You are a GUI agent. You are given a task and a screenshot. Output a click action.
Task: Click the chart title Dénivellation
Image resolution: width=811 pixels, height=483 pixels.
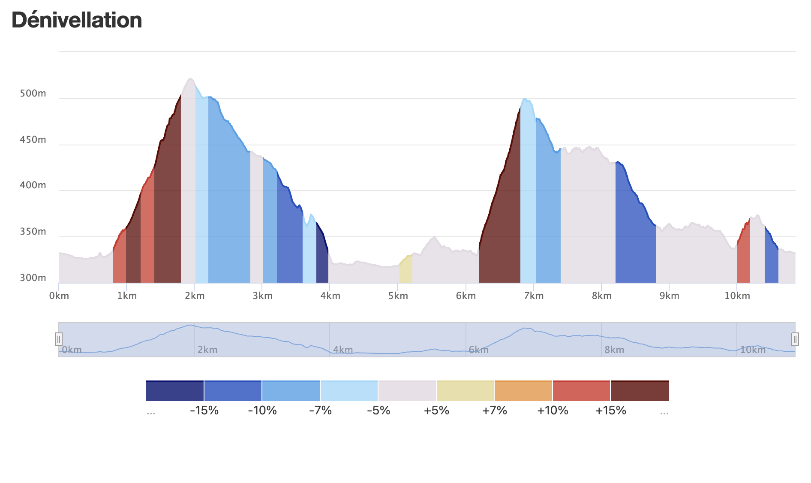coord(77,20)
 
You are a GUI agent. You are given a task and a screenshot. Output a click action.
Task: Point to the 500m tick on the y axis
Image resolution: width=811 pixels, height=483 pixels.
coord(33,94)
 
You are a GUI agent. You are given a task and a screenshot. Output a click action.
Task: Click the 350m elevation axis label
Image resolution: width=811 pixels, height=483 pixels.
coord(33,232)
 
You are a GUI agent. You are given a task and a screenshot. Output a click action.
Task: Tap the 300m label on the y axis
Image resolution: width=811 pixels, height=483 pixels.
coord(33,278)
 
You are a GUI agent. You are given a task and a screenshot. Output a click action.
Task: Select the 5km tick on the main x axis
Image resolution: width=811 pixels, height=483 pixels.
coord(398,296)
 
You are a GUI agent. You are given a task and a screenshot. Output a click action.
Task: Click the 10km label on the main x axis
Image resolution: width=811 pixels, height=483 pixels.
coord(737,296)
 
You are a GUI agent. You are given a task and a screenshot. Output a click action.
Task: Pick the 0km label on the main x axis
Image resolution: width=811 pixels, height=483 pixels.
coord(59,296)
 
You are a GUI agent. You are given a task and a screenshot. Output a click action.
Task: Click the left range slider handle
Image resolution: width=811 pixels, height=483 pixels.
coord(59,339)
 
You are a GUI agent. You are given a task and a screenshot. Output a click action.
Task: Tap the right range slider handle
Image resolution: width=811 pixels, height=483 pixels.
coord(795,339)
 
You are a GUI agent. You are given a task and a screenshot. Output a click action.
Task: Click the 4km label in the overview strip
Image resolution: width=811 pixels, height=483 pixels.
coord(343,350)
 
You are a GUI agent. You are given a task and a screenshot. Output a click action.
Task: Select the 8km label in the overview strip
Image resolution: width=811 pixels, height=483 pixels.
coord(614,350)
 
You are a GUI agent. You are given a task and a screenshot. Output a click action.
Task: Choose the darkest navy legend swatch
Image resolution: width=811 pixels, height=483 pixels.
coord(175,391)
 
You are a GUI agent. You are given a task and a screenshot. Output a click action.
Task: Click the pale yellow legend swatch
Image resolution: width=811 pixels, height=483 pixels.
coord(465,391)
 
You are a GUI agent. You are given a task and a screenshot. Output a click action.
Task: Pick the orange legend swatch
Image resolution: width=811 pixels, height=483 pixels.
coord(523,391)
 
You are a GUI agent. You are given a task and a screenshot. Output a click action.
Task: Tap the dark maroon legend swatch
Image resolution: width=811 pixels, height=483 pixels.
coord(640,391)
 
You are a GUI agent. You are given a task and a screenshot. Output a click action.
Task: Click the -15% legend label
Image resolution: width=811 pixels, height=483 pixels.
coord(204,411)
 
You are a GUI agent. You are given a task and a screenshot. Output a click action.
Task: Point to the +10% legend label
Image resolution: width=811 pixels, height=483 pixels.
coord(553,411)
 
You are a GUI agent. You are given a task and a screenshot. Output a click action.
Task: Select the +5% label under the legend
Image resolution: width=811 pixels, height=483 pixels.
coord(436,411)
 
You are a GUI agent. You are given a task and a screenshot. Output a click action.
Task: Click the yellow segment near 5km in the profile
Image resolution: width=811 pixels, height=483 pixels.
coord(406,270)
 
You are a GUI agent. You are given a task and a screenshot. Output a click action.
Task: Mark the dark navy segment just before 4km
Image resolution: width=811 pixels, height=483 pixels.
coord(322,257)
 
